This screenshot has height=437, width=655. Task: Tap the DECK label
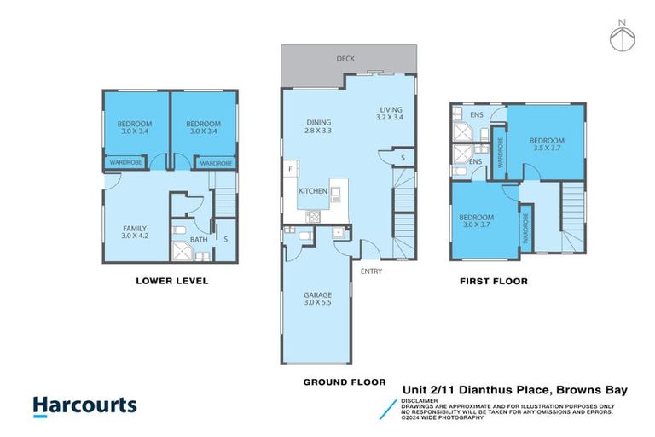pyautogui.click(x=345, y=59)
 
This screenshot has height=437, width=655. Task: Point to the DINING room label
pyautogui.click(x=318, y=123)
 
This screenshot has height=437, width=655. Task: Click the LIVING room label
pyautogui.click(x=391, y=110)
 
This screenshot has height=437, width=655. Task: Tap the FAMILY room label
pyautogui.click(x=135, y=228)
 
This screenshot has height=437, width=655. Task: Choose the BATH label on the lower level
pyautogui.click(x=199, y=240)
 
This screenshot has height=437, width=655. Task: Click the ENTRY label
pyautogui.click(x=371, y=271)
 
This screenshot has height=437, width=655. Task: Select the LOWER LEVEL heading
pyautogui.click(x=172, y=281)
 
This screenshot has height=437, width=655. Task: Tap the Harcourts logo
pyautogui.click(x=84, y=405)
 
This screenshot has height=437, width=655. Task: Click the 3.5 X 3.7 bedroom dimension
pyautogui.click(x=546, y=149)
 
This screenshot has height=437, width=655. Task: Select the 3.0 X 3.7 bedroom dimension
pyautogui.click(x=478, y=224)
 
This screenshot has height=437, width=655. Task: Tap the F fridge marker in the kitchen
pyautogui.click(x=291, y=169)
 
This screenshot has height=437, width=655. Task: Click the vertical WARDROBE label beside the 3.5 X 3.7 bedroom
pyautogui.click(x=500, y=151)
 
